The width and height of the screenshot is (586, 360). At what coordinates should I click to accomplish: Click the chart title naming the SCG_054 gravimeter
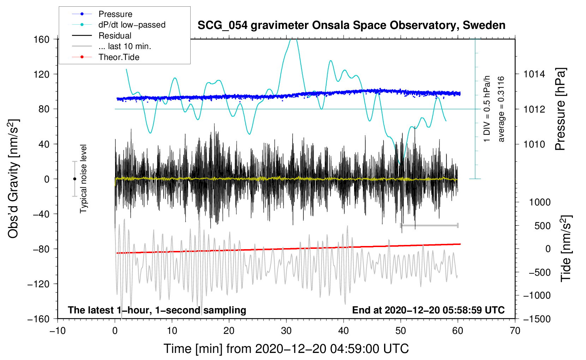351,25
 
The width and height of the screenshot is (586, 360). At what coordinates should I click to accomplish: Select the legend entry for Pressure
115,14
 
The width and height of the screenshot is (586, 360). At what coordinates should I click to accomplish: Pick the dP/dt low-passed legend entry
132,25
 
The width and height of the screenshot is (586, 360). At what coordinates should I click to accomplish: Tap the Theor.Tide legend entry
119,57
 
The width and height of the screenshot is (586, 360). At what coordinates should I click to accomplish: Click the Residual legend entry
115,36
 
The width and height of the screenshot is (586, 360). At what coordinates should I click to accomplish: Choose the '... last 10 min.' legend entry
125,47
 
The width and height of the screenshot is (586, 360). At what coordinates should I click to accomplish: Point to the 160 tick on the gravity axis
41,39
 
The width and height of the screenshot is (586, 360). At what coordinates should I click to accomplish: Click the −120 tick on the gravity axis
38,284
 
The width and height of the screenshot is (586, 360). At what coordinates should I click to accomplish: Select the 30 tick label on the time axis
286,331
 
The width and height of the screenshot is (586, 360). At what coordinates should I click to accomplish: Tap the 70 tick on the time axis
515,331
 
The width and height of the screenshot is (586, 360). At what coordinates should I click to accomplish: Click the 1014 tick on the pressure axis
534,74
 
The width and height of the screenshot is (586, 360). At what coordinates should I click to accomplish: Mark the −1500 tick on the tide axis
537,319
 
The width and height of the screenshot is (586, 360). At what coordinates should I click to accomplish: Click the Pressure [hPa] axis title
560,109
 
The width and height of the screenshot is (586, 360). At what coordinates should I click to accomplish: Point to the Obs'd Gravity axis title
13,179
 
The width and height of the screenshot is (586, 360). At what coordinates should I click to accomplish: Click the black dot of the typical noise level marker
74,179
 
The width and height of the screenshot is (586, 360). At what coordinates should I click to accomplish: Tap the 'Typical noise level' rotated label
83,179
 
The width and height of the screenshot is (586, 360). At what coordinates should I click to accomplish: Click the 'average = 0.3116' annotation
501,109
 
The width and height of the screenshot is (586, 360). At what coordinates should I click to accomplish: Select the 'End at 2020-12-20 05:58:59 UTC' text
428,310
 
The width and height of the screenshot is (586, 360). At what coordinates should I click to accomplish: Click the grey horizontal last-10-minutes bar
429,225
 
